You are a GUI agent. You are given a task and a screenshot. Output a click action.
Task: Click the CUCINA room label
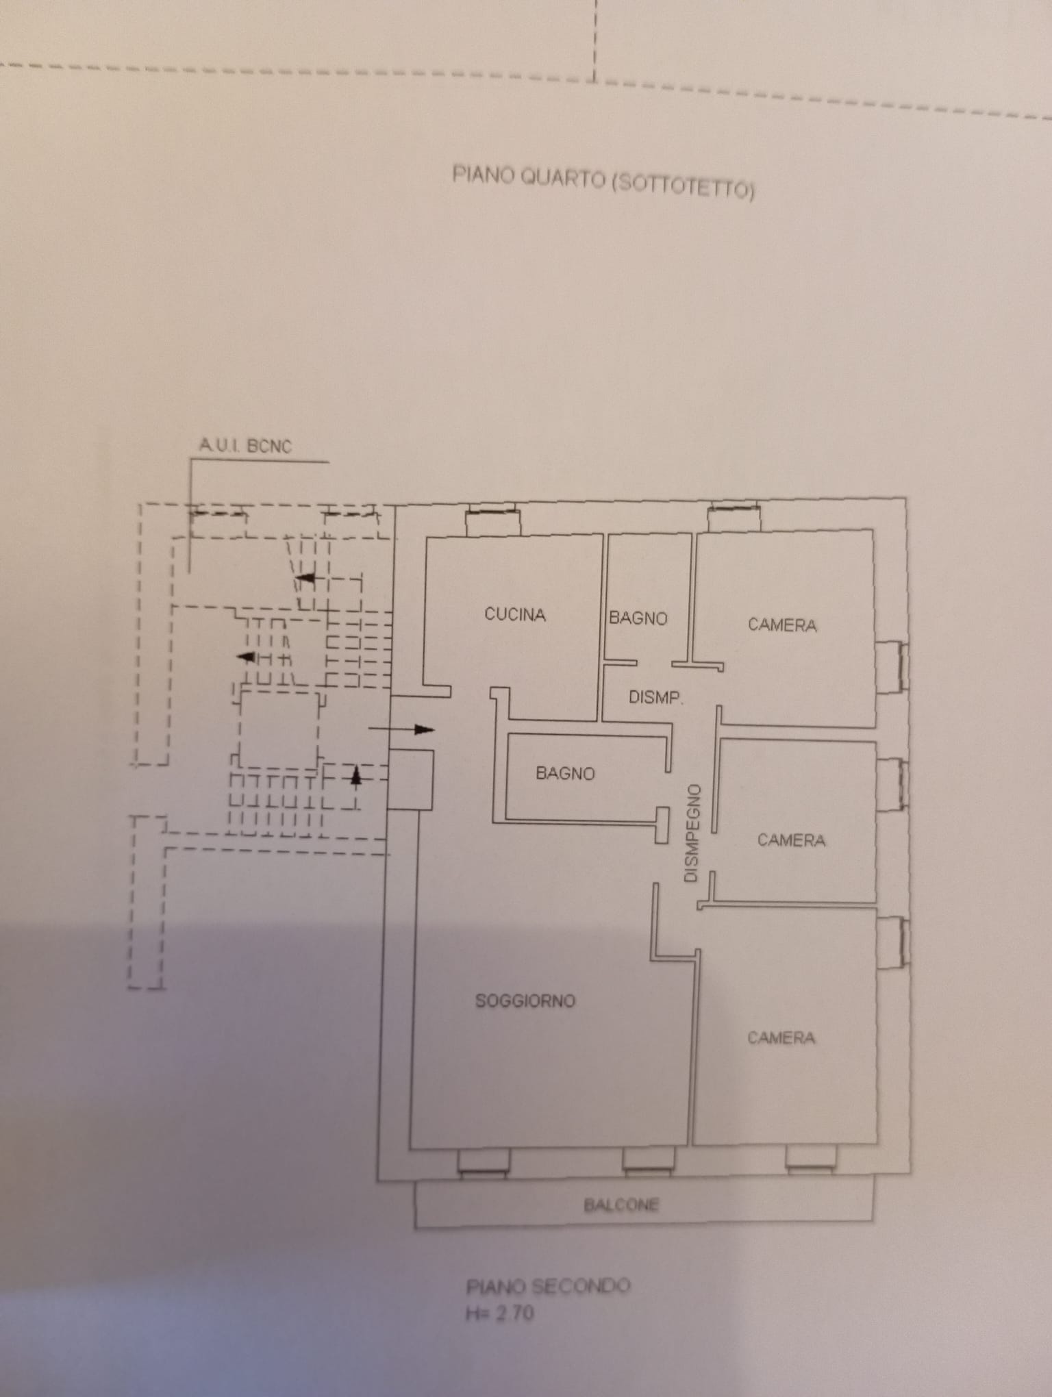515,614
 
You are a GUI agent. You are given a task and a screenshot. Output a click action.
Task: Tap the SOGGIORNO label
525,1001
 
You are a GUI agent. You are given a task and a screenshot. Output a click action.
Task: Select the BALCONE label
621,1205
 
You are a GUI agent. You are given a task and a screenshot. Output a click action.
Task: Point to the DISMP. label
655,698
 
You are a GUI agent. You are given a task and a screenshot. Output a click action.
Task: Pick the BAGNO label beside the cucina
638,618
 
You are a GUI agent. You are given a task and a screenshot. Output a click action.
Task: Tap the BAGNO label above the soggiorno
565,774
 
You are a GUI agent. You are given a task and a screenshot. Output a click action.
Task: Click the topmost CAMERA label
782,625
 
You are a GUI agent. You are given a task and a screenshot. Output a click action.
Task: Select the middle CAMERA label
791,840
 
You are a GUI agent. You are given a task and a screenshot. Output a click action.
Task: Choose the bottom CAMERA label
781,1038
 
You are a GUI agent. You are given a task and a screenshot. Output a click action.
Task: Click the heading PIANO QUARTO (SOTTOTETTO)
603,181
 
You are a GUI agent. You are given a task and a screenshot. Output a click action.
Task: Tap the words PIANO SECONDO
548,1286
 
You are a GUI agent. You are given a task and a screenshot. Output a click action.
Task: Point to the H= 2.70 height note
500,1313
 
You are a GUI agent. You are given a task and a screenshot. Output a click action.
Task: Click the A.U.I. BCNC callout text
245,446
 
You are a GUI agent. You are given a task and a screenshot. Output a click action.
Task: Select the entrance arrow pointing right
401,729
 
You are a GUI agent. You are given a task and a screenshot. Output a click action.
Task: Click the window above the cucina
492,520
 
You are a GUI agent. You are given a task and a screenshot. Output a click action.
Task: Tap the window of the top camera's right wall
892,667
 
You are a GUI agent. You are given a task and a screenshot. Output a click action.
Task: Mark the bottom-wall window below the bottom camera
811,1160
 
